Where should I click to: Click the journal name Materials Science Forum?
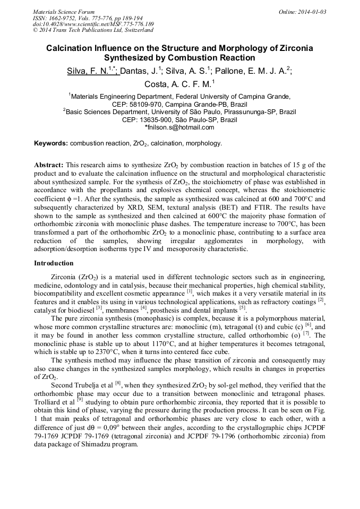coord(64,12)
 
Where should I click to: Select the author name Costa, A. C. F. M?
coord(178,84)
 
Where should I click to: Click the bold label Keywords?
coord(51,143)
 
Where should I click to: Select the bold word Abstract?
coord(49,165)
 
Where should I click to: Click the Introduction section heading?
coord(54,263)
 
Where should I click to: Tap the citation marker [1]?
coord(189,291)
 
